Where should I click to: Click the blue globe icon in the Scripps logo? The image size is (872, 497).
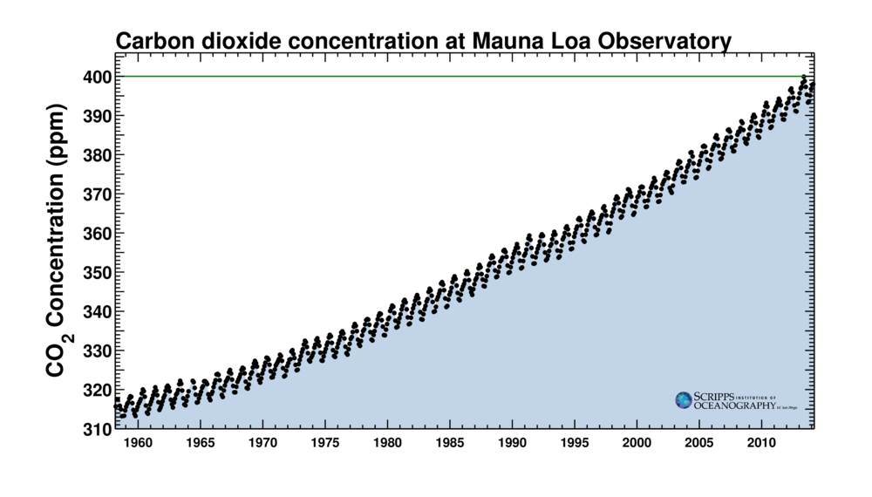coord(683,400)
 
